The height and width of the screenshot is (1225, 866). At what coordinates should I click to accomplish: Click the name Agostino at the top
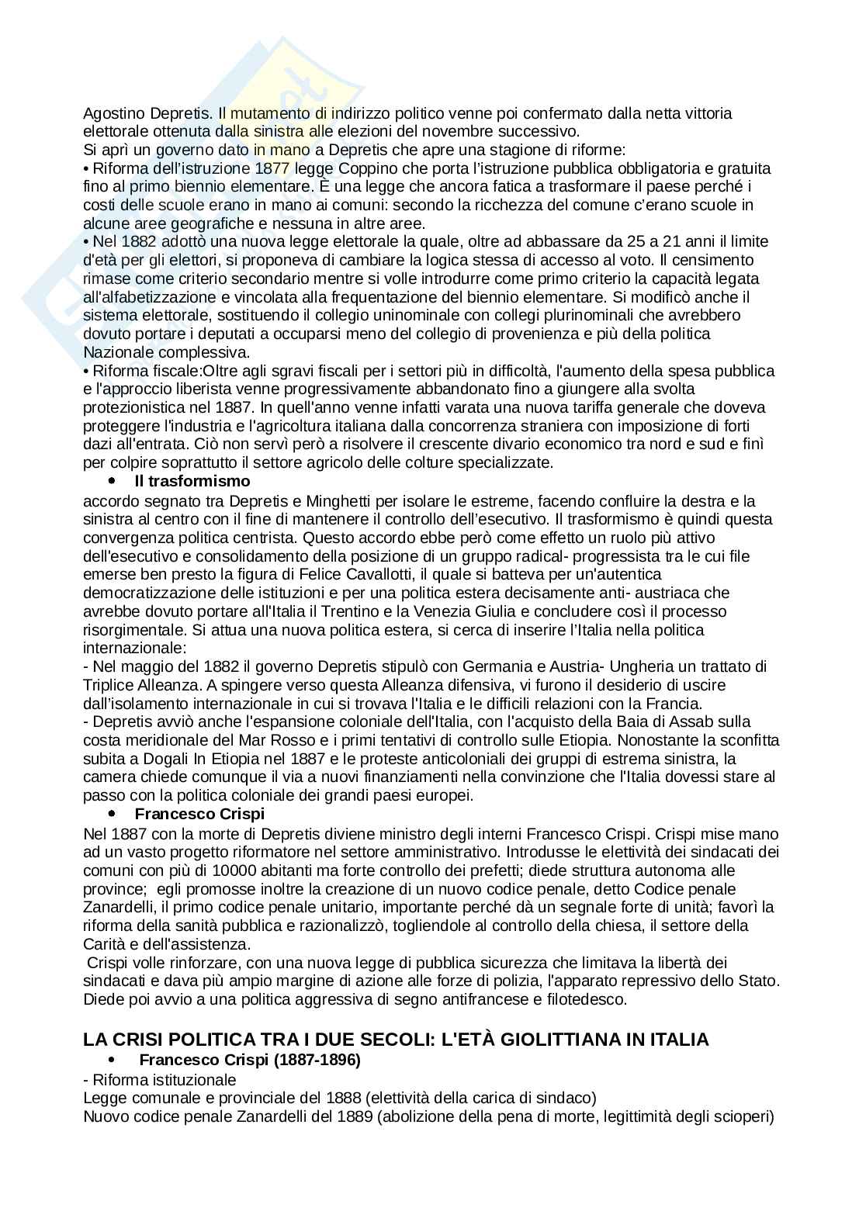(109, 113)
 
